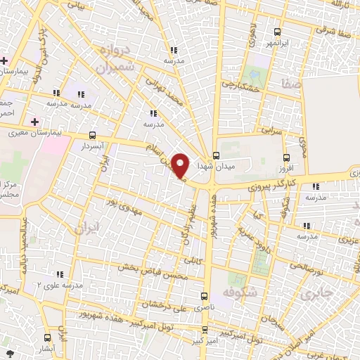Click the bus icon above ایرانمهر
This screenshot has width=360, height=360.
point(277,32)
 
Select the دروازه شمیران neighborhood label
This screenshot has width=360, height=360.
point(110,60)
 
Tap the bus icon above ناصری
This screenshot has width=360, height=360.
point(205,296)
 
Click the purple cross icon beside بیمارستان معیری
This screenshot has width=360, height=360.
point(34,122)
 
